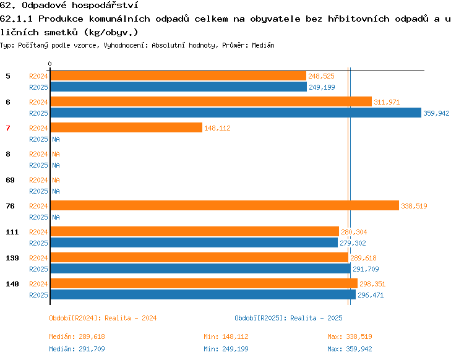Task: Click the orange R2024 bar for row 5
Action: point(178,76)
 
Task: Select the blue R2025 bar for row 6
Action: point(236,113)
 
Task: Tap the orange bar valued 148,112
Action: point(126,127)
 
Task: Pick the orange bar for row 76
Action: point(225,205)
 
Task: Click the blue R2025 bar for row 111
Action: point(194,242)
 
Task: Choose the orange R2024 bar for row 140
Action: point(204,283)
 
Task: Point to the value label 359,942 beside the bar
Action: point(436,113)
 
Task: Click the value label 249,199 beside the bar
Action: point(322,87)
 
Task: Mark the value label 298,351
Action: point(372,284)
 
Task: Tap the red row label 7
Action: point(8,128)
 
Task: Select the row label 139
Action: point(12,258)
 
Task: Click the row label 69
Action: point(10,180)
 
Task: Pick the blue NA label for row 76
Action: point(56,217)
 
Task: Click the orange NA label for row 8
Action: point(56,154)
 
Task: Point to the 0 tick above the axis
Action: point(49,64)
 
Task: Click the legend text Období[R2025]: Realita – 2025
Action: point(288,318)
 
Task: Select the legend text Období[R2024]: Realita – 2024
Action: point(103,318)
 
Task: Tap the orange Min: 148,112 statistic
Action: point(226,336)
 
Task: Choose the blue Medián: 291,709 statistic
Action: point(77,349)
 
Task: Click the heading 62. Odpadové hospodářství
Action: point(69,6)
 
